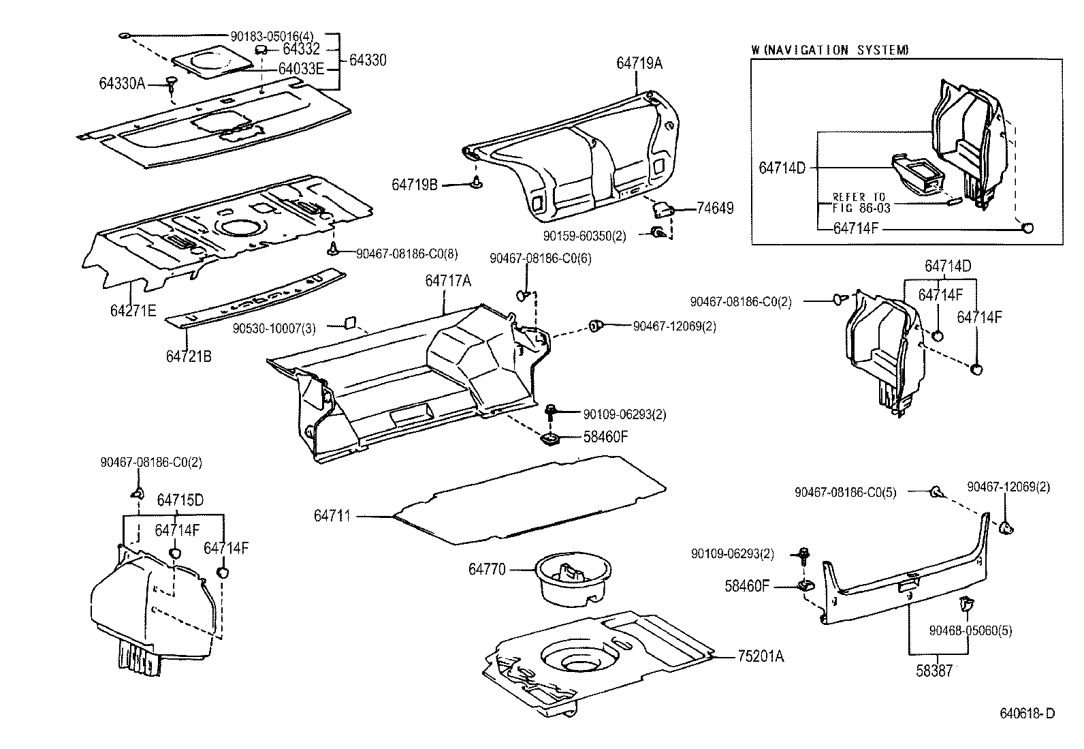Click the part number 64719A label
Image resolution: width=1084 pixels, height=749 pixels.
pyautogui.click(x=639, y=63)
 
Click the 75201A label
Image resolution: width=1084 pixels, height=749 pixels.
pyautogui.click(x=761, y=657)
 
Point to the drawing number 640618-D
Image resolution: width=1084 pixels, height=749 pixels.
pyautogui.click(x=1027, y=714)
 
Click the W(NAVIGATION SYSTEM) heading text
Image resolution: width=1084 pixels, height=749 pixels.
pyautogui.click(x=830, y=50)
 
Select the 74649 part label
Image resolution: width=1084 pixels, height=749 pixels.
pyautogui.click(x=715, y=209)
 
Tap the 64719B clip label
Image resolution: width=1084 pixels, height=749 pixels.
pyautogui.click(x=415, y=184)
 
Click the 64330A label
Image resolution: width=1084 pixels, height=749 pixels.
pyautogui.click(x=122, y=83)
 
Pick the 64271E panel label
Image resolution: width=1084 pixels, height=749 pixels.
pyautogui.click(x=133, y=311)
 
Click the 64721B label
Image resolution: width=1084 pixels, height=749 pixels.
pyautogui.click(x=188, y=356)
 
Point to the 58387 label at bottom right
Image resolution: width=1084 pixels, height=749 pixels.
pyautogui.click(x=934, y=671)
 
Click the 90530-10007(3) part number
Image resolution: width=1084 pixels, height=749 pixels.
pyautogui.click(x=274, y=328)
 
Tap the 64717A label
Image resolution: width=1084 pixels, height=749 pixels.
pyautogui.click(x=448, y=281)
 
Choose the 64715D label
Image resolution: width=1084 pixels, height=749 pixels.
pyautogui.click(x=180, y=500)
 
